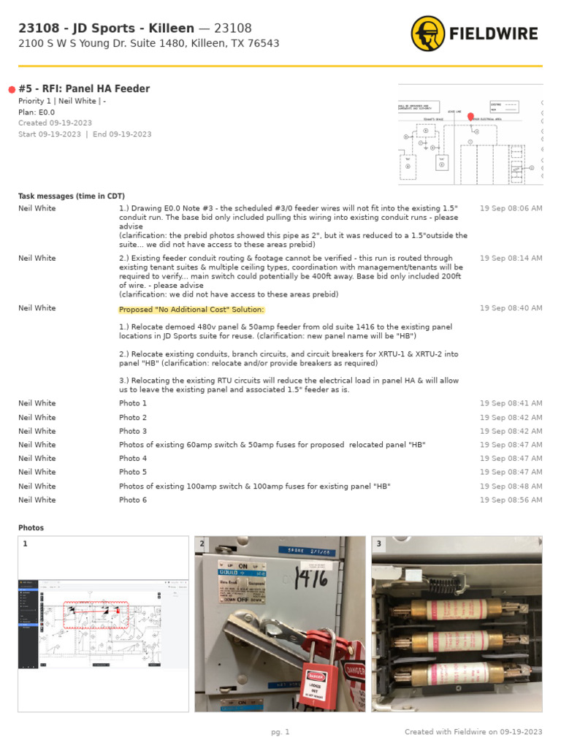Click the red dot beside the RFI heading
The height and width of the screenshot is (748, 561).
(12, 90)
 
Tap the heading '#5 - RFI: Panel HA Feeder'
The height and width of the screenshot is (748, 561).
(84, 89)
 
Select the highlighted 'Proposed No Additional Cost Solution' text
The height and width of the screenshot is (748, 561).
(191, 309)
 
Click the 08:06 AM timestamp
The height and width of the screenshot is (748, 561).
(511, 209)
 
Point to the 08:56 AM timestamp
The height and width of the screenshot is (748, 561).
(511, 500)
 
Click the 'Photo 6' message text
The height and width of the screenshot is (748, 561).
(133, 500)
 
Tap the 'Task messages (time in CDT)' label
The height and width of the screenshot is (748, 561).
(72, 196)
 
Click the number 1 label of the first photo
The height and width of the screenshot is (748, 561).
(25, 544)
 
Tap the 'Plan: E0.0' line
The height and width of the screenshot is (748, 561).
(37, 112)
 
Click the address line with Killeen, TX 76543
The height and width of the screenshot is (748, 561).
(148, 44)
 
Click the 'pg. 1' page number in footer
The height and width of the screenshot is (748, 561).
(280, 732)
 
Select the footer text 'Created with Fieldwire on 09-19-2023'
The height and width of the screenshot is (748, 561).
(473, 732)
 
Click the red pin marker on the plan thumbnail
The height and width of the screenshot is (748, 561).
(470, 117)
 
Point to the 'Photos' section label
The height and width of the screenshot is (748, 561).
(31, 527)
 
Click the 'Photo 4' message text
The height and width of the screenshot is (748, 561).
(133, 459)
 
